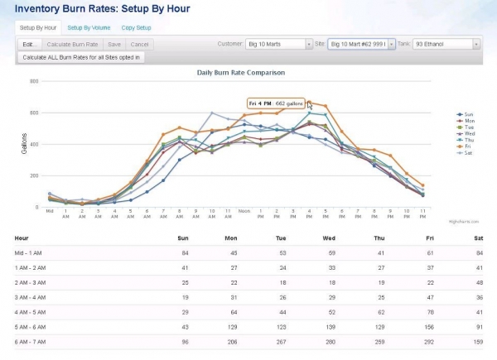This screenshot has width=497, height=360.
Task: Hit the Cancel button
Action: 139,44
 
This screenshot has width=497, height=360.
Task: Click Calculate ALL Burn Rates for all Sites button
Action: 81,57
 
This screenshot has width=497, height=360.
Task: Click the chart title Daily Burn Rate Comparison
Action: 237,73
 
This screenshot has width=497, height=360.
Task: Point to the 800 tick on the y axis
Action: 34,81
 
